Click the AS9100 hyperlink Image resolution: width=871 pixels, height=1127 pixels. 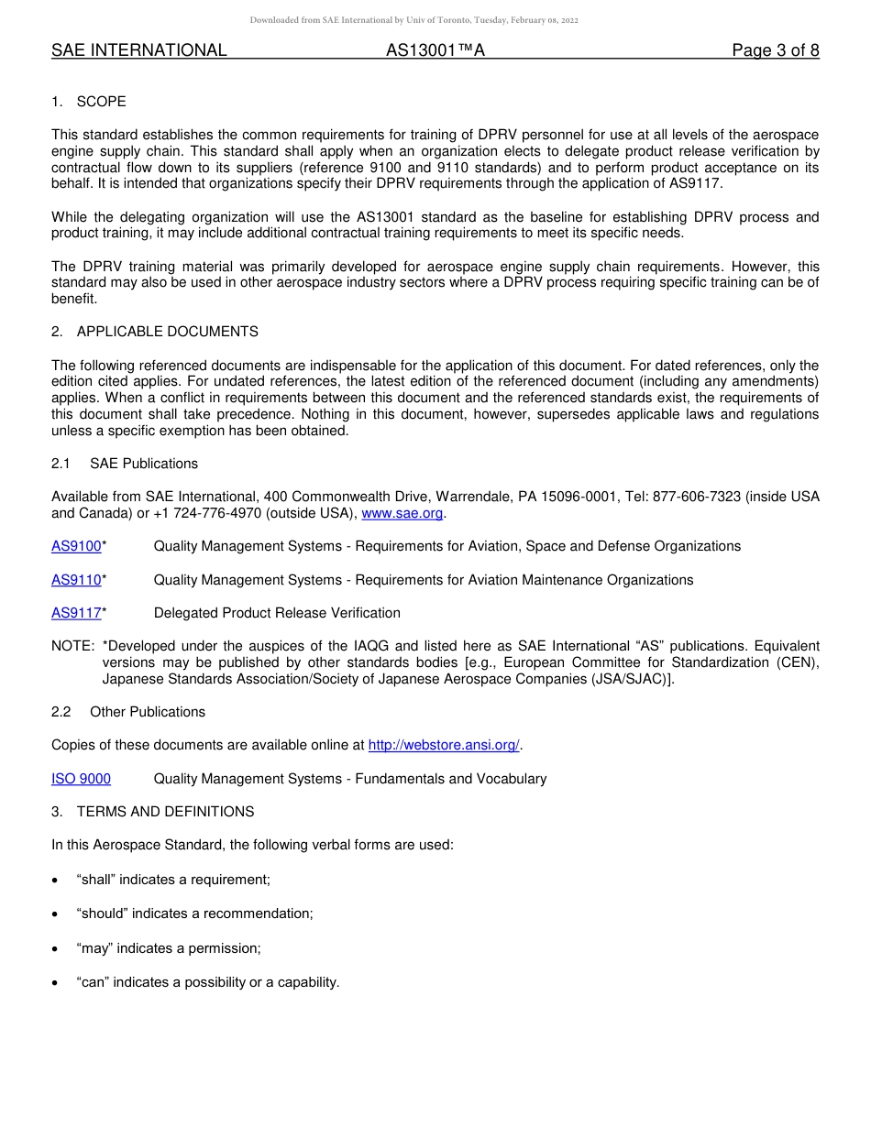pyautogui.click(x=76, y=546)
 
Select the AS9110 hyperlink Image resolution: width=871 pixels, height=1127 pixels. pyautogui.click(x=76, y=580)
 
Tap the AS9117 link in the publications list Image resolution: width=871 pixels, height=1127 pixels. pyautogui.click(x=76, y=613)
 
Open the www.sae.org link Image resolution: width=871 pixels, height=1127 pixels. pyautogui.click(x=402, y=513)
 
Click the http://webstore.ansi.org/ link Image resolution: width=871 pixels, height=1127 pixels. pyautogui.click(x=444, y=745)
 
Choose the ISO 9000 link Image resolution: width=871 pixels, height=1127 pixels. pyautogui.click(x=81, y=779)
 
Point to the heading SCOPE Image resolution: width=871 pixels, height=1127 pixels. pyautogui.click(x=101, y=102)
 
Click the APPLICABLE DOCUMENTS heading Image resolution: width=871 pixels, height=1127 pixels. pyautogui.click(x=167, y=332)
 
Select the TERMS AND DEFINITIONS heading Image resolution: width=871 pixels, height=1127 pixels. pyautogui.click(x=165, y=812)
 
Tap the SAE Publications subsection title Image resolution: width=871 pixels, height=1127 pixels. pyautogui.click(x=144, y=464)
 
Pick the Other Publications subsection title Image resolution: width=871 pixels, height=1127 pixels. pyautogui.click(x=148, y=712)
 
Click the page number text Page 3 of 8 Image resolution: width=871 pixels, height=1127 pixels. pyautogui.click(x=775, y=50)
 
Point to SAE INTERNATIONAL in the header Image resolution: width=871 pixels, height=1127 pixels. pyautogui.click(x=138, y=50)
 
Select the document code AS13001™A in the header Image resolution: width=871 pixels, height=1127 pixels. pyautogui.click(x=435, y=50)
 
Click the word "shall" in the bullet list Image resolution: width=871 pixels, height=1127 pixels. pyautogui.click(x=96, y=880)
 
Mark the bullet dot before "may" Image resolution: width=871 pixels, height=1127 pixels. pyautogui.click(x=56, y=949)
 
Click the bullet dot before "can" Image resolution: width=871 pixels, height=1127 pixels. pyautogui.click(x=56, y=983)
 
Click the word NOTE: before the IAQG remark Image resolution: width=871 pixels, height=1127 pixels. pyautogui.click(x=72, y=646)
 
